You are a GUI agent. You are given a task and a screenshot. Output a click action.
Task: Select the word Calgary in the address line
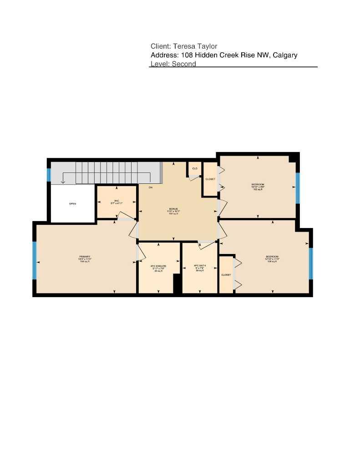tap(284, 55)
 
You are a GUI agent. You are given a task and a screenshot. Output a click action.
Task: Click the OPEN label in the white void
tap(72, 204)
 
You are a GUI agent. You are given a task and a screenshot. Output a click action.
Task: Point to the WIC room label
tap(116, 202)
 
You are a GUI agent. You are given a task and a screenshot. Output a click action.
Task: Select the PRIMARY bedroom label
tap(85, 258)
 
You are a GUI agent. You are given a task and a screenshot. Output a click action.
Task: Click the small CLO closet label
tap(195, 169)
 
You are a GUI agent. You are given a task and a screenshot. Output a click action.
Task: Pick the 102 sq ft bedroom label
tap(258, 187)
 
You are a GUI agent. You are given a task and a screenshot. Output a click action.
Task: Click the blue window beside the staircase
tap(48, 175)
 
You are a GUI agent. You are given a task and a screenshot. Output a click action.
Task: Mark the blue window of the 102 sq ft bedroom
tap(297, 187)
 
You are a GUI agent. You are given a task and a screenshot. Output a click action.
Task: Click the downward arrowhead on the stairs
tap(63, 181)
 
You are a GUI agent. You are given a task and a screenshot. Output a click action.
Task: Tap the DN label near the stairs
tap(150, 187)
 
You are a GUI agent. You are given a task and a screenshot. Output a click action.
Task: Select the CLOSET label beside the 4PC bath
tap(226, 275)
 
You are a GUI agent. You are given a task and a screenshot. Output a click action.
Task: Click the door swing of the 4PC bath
tap(207, 245)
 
